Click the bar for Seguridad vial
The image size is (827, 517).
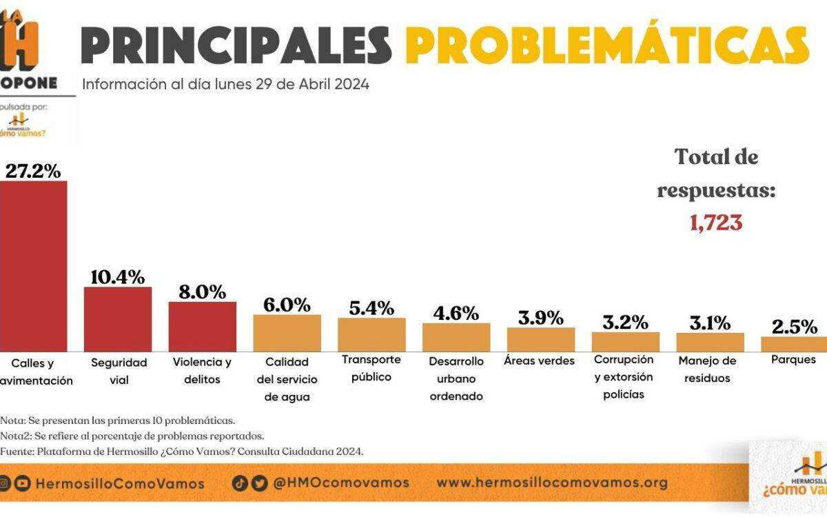click(x=118, y=318)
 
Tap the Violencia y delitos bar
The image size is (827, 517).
click(x=203, y=326)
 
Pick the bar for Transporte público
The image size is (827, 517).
click(x=371, y=334)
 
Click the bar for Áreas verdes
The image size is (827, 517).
click(x=541, y=339)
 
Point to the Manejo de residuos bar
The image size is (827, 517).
click(x=710, y=342)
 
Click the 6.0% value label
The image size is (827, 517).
click(x=287, y=304)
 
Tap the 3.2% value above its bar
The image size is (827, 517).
click(x=625, y=322)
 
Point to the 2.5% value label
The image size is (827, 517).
click(x=795, y=326)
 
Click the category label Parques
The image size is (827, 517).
click(x=795, y=359)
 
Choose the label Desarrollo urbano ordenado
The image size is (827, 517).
click(x=456, y=378)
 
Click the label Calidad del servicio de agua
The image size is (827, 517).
click(x=287, y=379)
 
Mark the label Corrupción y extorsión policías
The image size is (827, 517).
click(x=624, y=377)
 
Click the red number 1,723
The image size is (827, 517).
click(x=716, y=223)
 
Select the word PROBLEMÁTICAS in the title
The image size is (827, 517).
click(x=606, y=45)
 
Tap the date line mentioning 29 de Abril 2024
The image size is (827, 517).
click(x=225, y=85)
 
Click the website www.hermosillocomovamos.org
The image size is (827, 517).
click(x=552, y=483)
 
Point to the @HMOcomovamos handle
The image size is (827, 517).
click(x=341, y=483)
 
